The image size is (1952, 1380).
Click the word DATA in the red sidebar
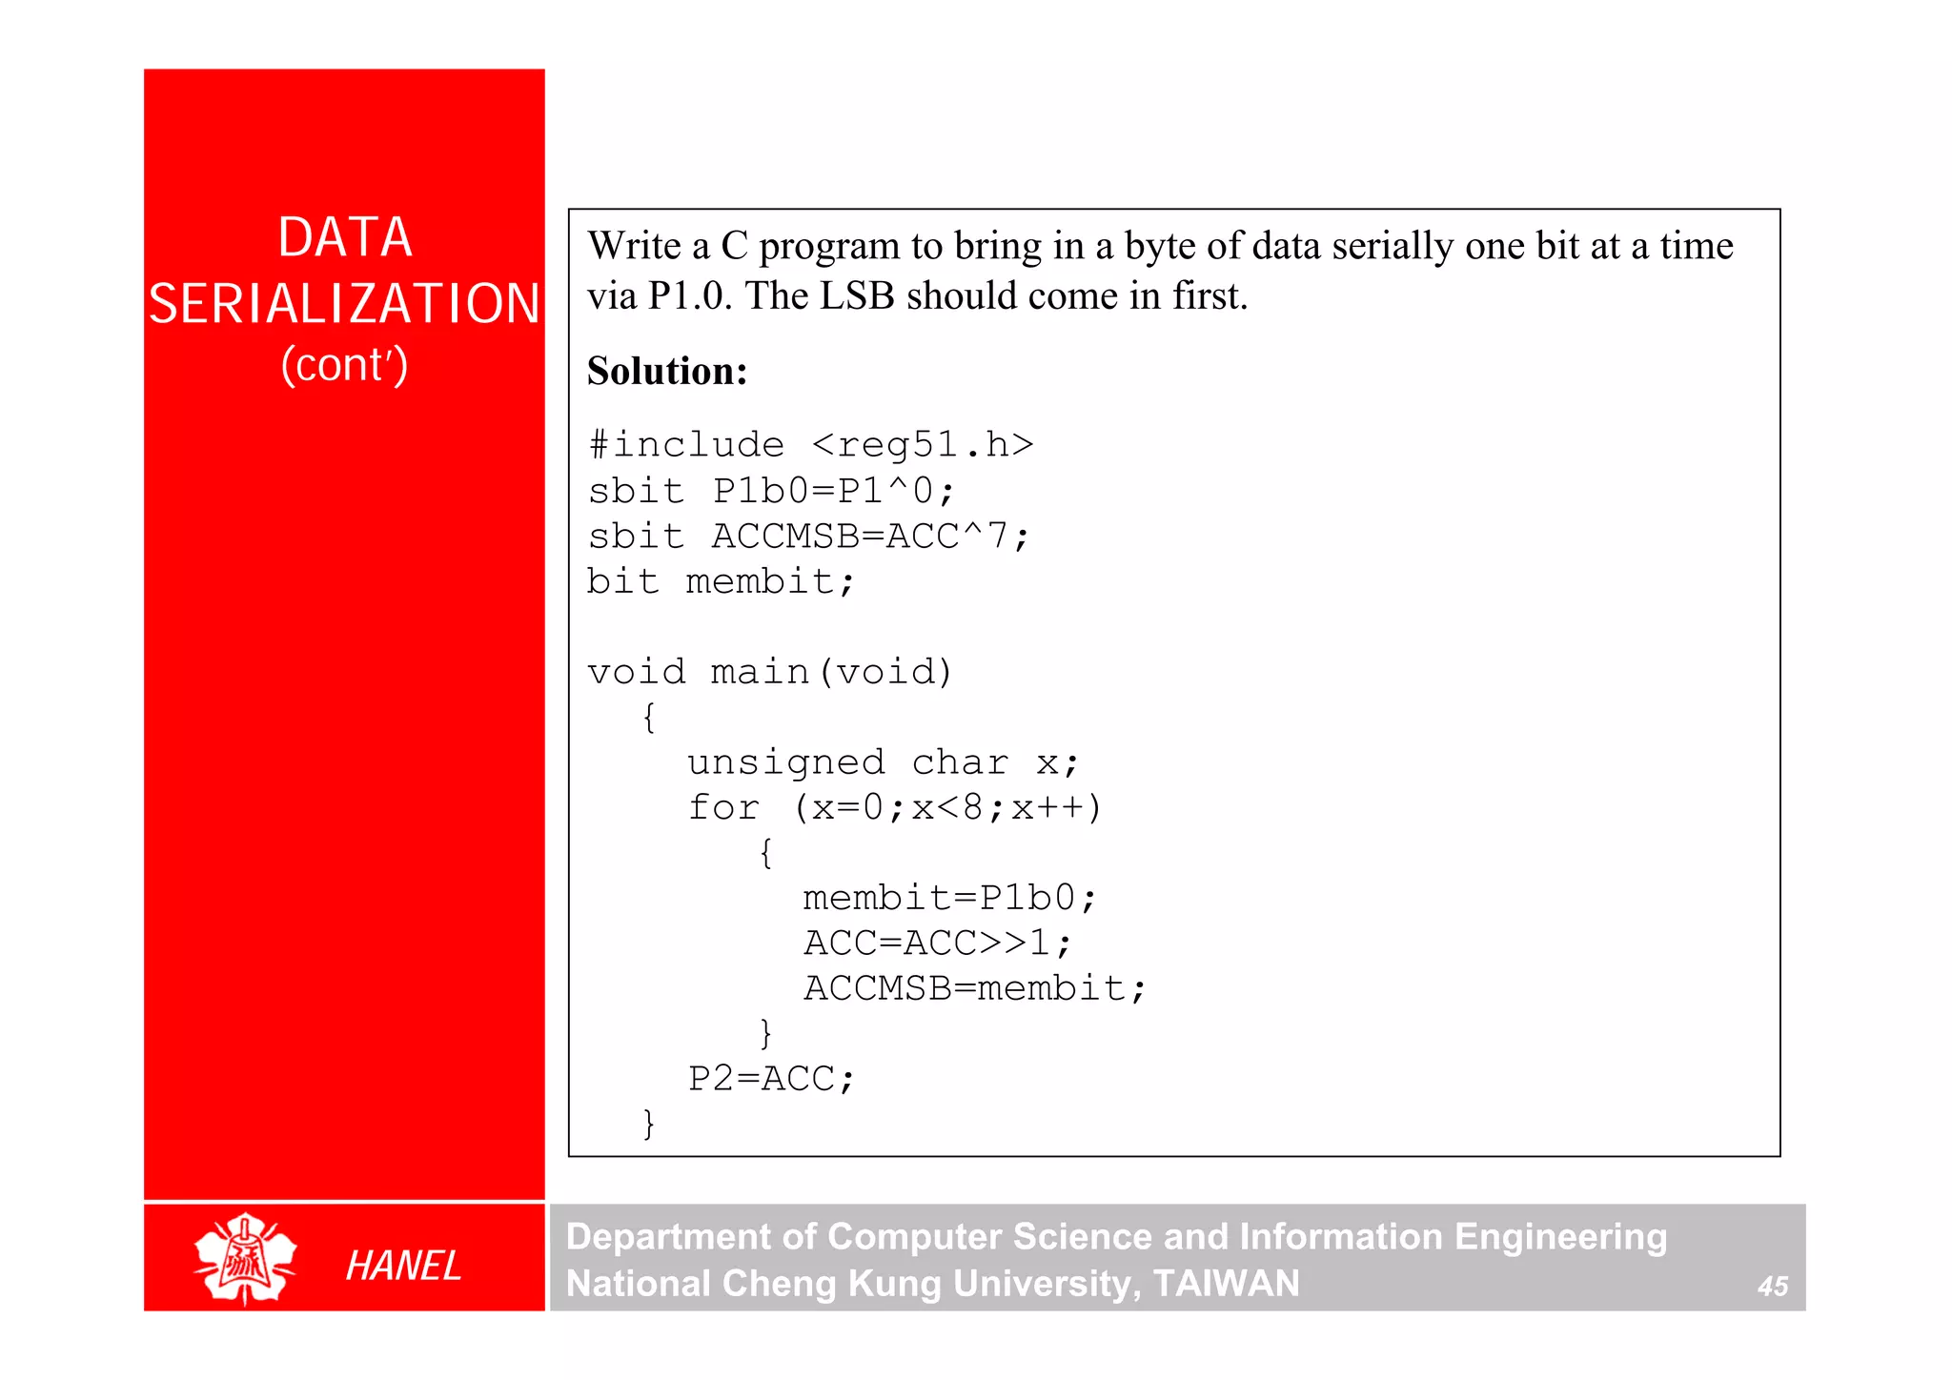click(345, 237)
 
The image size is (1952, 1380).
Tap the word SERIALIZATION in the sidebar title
click(344, 304)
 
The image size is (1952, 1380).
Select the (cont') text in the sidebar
click(344, 365)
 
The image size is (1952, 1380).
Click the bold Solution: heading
click(667, 371)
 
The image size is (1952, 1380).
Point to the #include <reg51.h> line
click(810, 445)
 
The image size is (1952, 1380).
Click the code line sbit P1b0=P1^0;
click(771, 491)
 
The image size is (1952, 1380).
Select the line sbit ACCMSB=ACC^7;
click(808, 537)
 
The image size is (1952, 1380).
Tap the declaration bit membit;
click(721, 581)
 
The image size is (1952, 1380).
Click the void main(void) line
click(770, 672)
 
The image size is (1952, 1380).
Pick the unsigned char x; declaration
click(883, 762)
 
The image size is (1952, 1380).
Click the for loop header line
click(894, 808)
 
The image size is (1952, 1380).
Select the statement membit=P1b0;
click(949, 898)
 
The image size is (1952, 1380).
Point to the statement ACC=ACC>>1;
click(938, 944)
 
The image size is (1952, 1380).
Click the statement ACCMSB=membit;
click(974, 988)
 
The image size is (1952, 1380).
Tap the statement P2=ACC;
click(772, 1079)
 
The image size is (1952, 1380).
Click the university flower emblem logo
click(245, 1258)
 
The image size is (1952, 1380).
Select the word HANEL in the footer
click(403, 1266)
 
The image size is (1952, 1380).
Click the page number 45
click(1772, 1287)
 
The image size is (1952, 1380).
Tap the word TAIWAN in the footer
click(1226, 1284)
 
